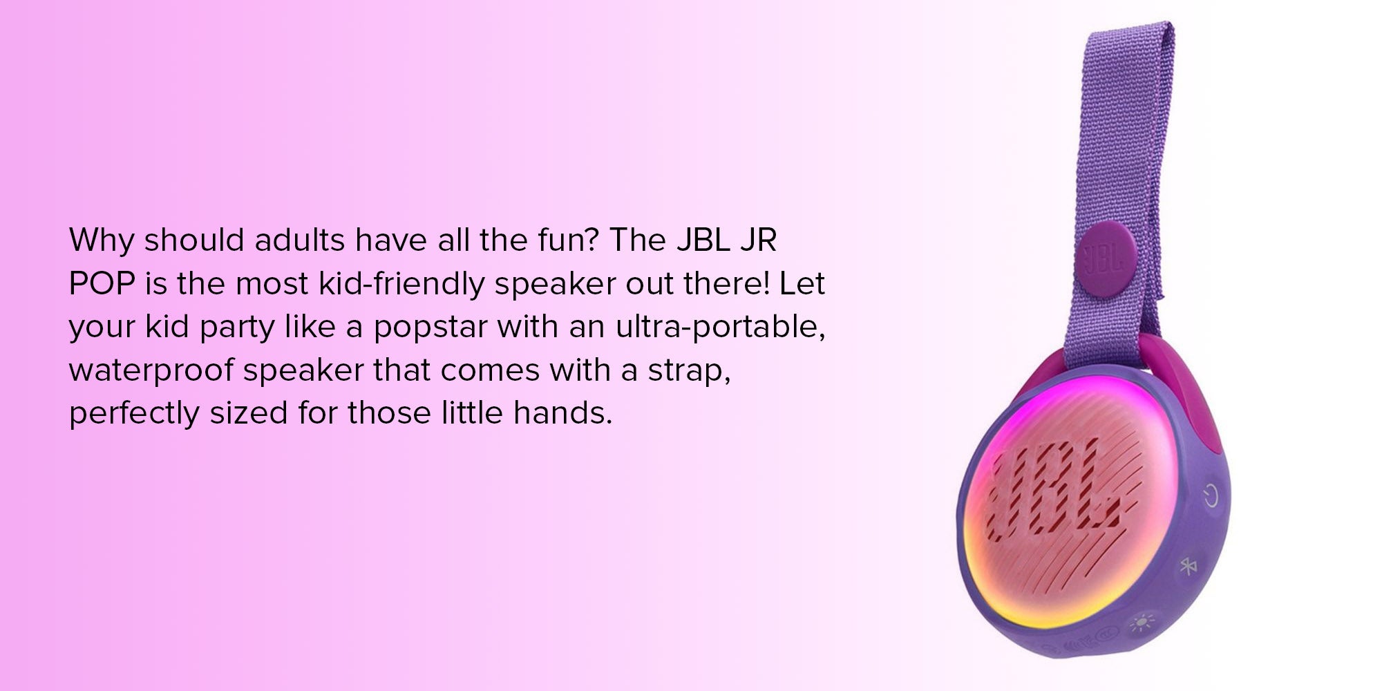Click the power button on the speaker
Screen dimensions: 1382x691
coord(1211,495)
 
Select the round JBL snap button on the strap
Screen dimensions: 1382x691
coord(1106,259)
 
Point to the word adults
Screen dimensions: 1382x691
coord(299,240)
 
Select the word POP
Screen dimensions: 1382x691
coord(102,283)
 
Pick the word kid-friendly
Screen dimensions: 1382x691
coord(401,284)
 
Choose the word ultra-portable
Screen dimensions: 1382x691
coord(721,328)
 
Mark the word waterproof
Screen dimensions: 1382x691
coord(151,371)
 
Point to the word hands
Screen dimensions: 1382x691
coord(562,413)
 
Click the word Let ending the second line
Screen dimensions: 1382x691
coord(802,283)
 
